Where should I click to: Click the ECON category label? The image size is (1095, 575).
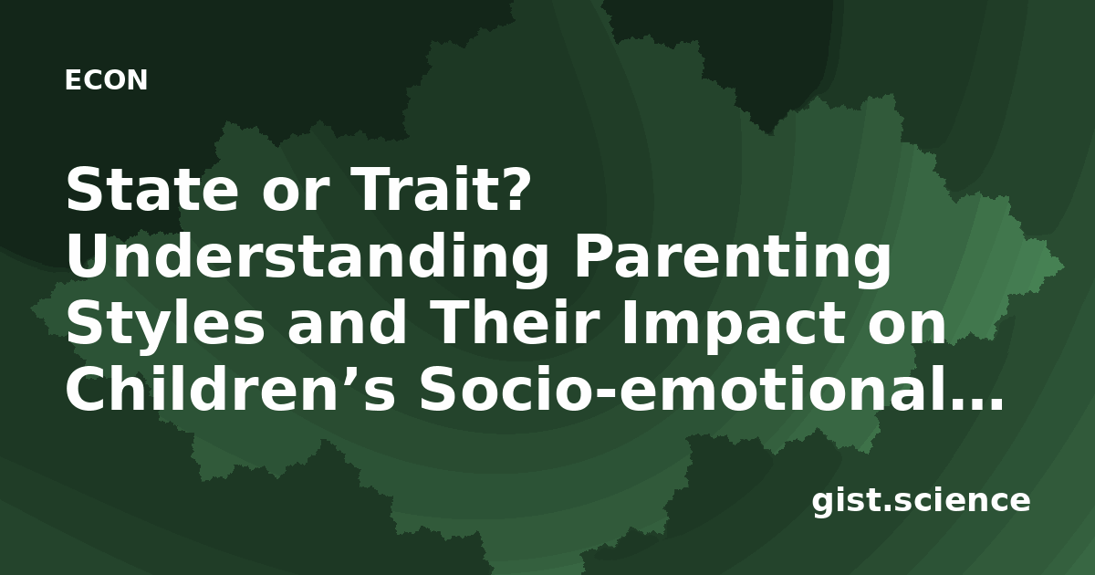106,80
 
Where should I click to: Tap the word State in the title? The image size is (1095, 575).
152,189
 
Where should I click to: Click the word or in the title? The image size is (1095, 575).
292,195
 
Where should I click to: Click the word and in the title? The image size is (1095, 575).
347,321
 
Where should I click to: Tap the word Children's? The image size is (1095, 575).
230,388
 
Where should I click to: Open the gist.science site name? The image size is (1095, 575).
921,501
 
